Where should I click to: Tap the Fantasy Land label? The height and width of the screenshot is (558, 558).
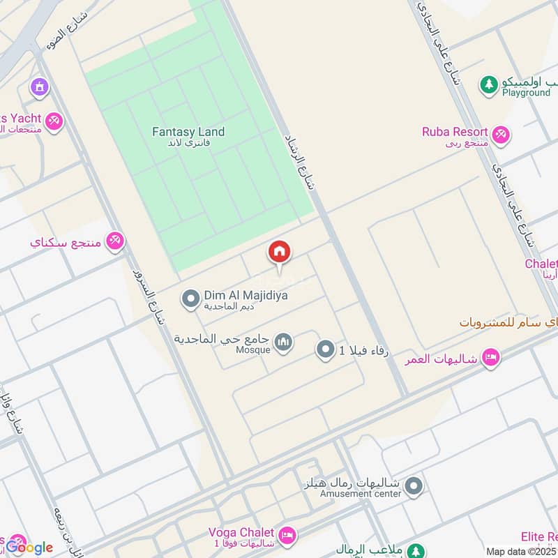pyautogui.click(x=188, y=132)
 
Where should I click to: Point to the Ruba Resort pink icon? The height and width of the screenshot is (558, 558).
pyautogui.click(x=500, y=135)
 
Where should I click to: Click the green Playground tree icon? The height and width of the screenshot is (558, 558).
pyautogui.click(x=489, y=85)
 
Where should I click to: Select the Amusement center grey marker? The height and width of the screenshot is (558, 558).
pyautogui.click(x=414, y=486)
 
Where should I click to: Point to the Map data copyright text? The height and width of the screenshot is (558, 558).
pyautogui.click(x=521, y=552)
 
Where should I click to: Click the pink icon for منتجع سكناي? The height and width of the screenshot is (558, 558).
pyautogui.click(x=115, y=241)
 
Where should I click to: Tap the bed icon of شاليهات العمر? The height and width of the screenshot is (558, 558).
pyautogui.click(x=491, y=358)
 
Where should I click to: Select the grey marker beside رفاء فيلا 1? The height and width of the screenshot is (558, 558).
pyautogui.click(x=325, y=349)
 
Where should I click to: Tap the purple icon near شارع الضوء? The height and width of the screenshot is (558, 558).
pyautogui.click(x=39, y=87)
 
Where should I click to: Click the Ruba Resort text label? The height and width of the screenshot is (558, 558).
pyautogui.click(x=453, y=131)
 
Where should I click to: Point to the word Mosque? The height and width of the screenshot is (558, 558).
pyautogui.click(x=252, y=349)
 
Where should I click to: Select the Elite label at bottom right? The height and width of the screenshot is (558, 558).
pyautogui.click(x=538, y=536)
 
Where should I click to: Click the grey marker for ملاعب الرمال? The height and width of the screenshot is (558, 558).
pyautogui.click(x=416, y=551)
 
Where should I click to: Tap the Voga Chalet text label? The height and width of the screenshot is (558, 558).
pyautogui.click(x=241, y=531)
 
